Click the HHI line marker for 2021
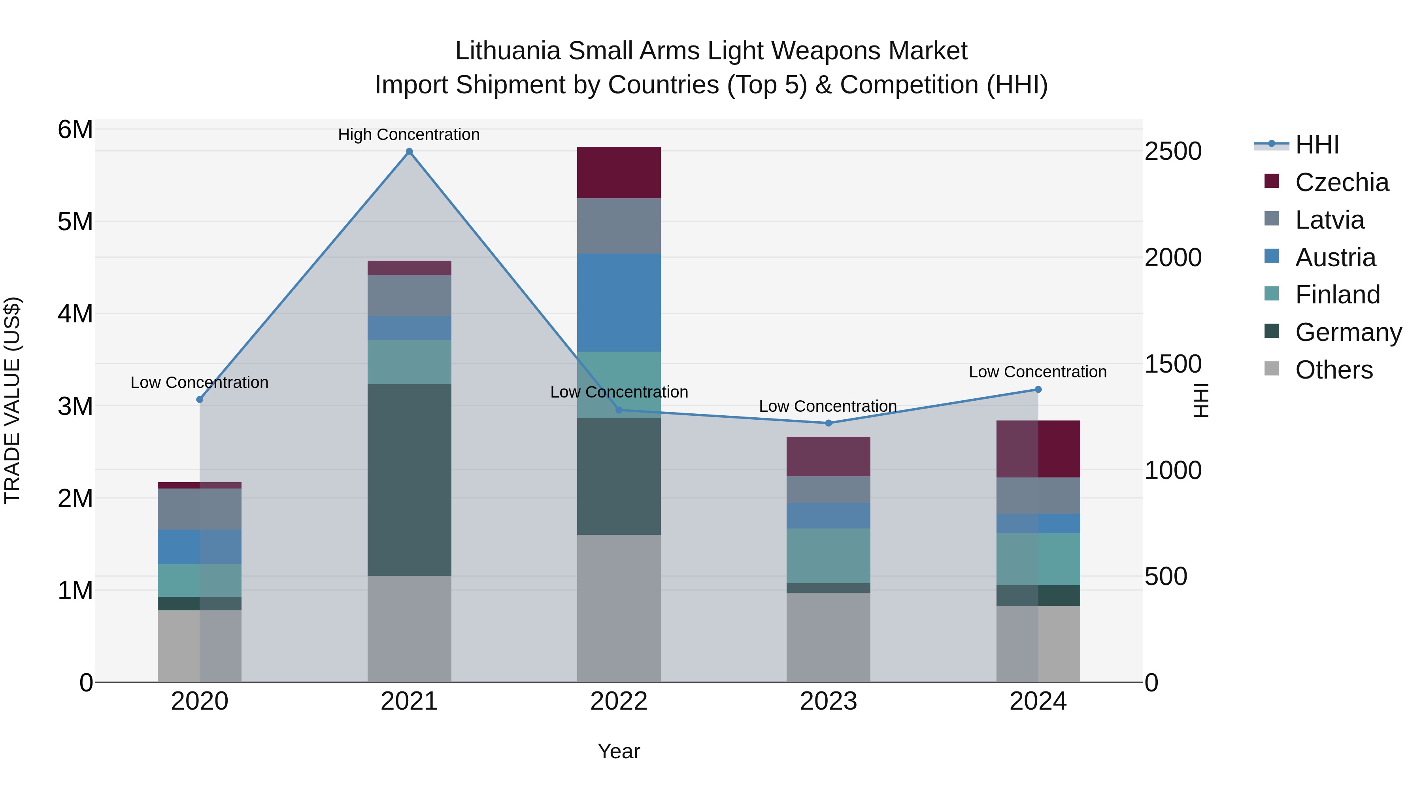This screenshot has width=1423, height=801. (x=410, y=151)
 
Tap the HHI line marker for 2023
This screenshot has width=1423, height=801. (x=828, y=423)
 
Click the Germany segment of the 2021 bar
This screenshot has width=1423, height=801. (x=410, y=480)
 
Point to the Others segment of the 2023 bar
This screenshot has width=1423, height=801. (x=828, y=637)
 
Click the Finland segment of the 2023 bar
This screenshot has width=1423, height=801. (x=828, y=556)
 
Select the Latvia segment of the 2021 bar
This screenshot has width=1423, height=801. (x=410, y=296)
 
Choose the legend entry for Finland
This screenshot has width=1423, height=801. (x=1337, y=295)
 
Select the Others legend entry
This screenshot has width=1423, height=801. (x=1334, y=370)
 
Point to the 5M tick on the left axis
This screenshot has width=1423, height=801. (x=75, y=222)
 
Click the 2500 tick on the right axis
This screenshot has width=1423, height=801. (x=1173, y=151)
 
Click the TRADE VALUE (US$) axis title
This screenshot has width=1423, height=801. (x=13, y=400)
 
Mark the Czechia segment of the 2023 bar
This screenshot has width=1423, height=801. (x=828, y=456)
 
